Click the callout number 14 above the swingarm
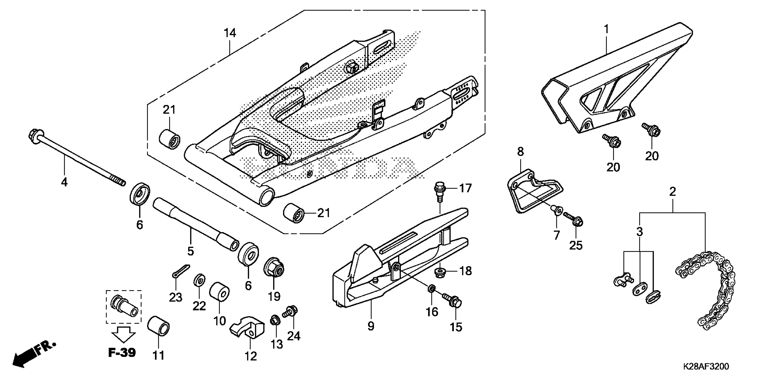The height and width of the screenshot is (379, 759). click(230, 33)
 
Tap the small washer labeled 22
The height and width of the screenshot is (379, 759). click(200, 280)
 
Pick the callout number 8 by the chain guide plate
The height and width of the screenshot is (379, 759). click(520, 152)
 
